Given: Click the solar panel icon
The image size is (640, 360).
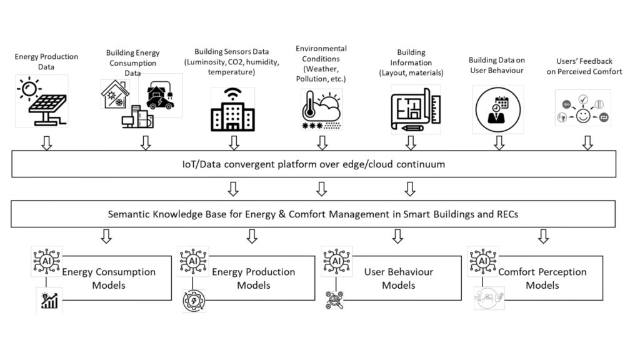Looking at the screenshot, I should coord(41,102).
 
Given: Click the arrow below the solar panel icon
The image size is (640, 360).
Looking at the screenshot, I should coord(46,143).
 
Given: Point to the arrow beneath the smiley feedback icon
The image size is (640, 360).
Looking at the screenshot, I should coord(587,143).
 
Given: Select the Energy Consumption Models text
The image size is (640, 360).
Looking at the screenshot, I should coord(109,279).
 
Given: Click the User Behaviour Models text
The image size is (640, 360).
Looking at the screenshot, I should coord(398,279).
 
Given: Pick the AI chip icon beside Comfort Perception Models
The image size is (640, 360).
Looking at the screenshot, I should coord(482,261).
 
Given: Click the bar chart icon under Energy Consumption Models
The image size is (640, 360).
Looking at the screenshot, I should coord(49,301).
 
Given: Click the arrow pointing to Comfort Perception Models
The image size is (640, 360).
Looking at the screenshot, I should coord(543,236).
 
